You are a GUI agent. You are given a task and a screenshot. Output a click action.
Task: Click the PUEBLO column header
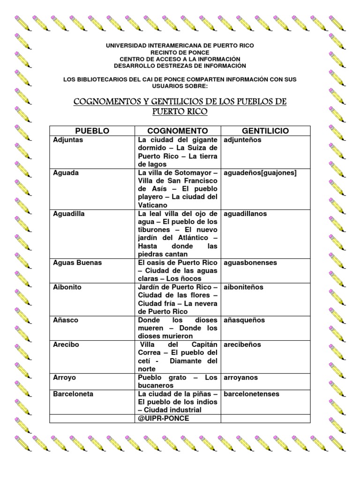[92, 131]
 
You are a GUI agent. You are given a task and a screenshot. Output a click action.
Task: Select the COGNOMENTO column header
[178, 131]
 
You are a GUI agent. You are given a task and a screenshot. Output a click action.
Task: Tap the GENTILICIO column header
[265, 131]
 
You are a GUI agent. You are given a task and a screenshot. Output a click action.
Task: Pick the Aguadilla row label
[70, 214]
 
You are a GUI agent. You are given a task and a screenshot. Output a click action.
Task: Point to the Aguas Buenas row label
[77, 262]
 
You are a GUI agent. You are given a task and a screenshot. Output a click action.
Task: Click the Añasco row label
[66, 320]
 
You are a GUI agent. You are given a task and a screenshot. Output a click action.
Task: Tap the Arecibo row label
[67, 345]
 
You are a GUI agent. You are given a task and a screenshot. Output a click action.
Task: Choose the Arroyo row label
[65, 377]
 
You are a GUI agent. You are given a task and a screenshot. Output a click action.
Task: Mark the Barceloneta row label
[73, 394]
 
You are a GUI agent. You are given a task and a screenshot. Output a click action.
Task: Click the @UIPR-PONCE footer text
[164, 418]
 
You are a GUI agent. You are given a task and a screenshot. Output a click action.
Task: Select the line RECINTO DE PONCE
[180, 52]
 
